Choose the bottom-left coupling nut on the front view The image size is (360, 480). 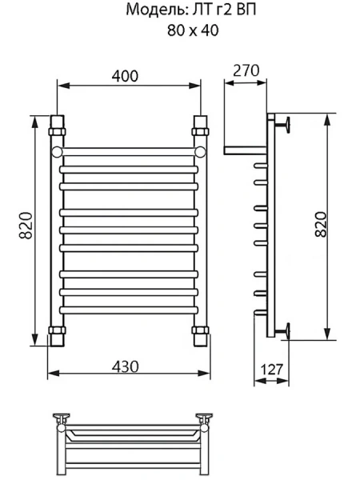[x=57, y=330]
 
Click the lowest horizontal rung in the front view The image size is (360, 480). [x=128, y=308]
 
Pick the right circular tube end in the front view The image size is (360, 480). [x=200, y=150]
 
